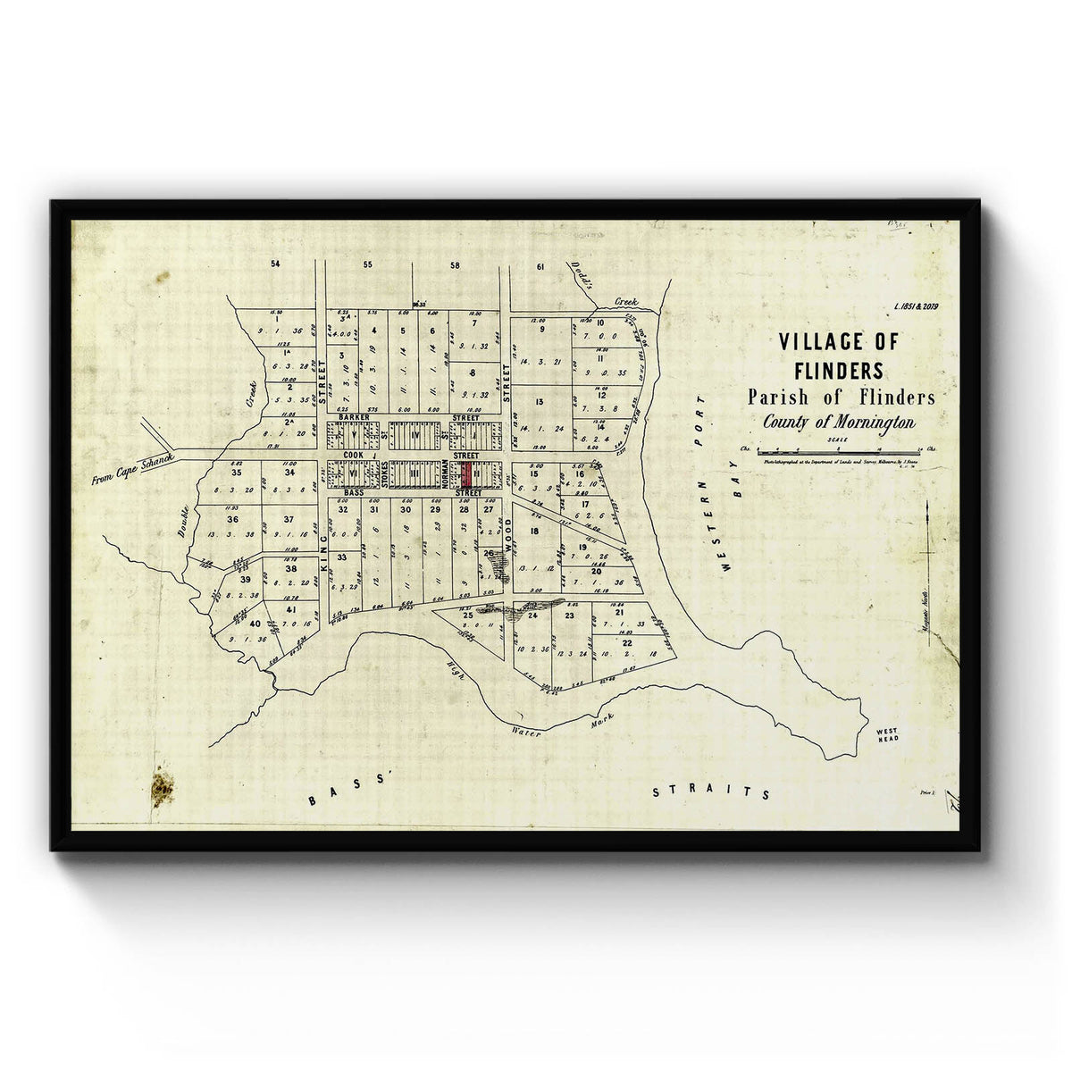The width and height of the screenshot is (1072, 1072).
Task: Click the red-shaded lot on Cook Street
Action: coord(466,474)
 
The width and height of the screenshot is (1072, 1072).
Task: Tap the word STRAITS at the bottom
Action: coord(711,792)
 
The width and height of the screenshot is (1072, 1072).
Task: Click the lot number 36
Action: coord(233,519)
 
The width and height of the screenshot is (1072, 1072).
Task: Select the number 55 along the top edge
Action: coord(367,265)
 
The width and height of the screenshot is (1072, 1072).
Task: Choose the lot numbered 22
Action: coord(628,642)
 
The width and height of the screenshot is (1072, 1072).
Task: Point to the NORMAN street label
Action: coord(443,474)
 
